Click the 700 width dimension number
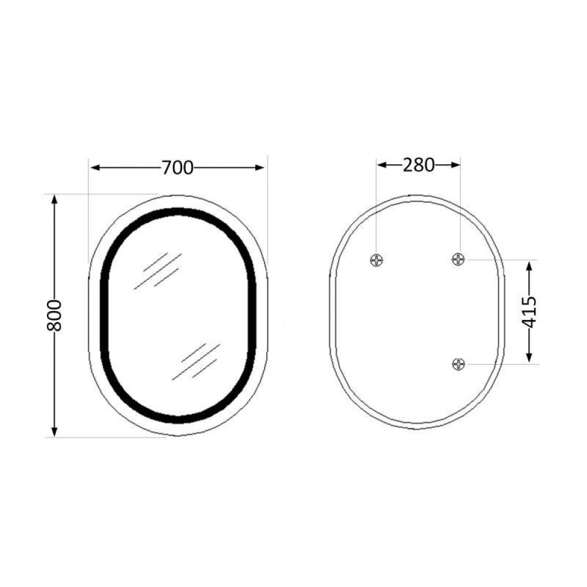[x=177, y=168]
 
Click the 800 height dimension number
[x=55, y=315]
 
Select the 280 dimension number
[x=418, y=166]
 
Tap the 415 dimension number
[x=529, y=312]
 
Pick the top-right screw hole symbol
[x=459, y=259]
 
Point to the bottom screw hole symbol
[x=459, y=364]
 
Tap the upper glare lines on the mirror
[x=157, y=271]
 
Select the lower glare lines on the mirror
[x=196, y=361]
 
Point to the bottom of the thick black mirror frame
[x=178, y=419]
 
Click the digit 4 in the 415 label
[x=529, y=322]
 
